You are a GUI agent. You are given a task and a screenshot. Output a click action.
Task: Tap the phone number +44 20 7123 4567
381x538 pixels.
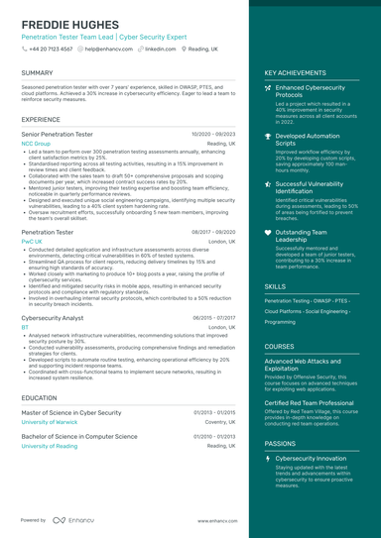pos(50,48)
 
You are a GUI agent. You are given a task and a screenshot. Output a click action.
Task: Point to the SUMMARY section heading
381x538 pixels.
pos(37,73)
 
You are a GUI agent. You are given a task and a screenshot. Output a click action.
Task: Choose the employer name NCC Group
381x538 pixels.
pos(36,143)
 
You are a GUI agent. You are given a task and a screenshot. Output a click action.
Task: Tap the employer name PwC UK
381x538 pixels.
pos(32,241)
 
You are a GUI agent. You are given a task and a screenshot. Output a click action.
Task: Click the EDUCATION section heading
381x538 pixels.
pos(39,397)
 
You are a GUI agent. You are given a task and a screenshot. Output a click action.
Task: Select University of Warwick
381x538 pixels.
pos(51,421)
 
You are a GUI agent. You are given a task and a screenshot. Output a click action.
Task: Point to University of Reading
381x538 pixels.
pos(50,446)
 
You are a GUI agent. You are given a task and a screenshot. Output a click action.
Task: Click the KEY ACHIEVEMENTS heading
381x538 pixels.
pos(295,73)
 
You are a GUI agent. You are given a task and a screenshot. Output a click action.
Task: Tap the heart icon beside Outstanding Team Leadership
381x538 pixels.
pos(268,233)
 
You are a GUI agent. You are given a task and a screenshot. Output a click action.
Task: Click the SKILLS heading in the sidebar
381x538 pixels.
pos(275,286)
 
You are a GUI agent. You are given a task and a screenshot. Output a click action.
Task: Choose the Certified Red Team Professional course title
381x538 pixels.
pos(309,403)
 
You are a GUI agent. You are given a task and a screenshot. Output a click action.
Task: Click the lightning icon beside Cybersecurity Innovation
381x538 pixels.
pos(268,460)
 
